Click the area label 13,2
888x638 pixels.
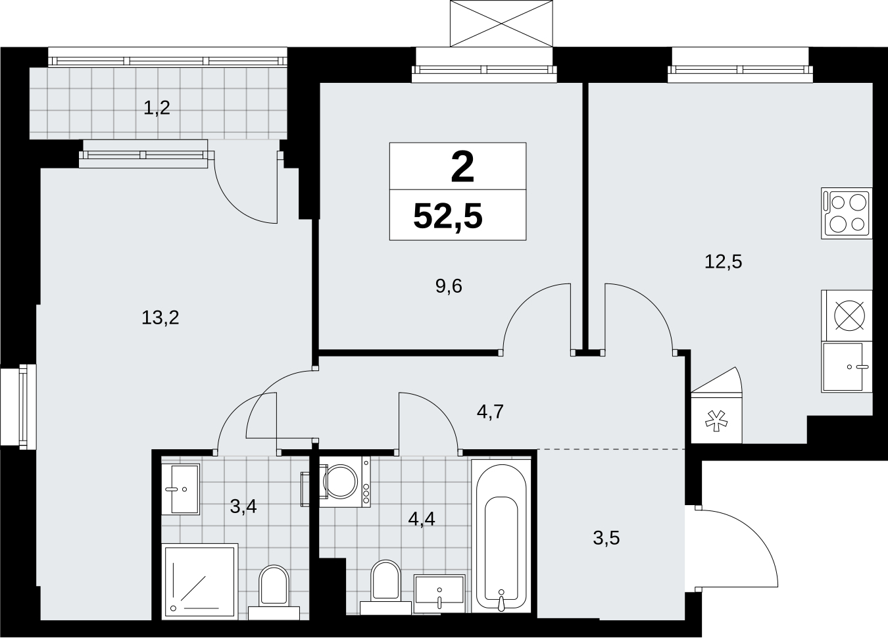[160, 318]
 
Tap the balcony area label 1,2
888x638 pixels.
[157, 108]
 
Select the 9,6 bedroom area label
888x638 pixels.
[449, 286]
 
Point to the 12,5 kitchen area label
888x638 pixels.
[723, 262]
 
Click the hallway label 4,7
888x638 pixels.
[491, 412]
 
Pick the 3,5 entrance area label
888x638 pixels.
[606, 538]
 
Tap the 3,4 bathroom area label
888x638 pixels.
[243, 506]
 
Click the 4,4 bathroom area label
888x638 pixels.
[422, 519]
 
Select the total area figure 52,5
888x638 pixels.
[448, 216]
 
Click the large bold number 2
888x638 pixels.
[462, 168]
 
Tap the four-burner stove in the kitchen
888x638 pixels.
[847, 213]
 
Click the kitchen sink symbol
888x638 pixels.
[847, 367]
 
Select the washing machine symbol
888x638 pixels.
[345, 481]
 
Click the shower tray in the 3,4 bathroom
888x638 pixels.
[199, 581]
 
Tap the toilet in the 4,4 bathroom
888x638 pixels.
[385, 587]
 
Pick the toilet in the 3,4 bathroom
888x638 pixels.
[274, 592]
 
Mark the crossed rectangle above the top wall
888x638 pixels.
[501, 24]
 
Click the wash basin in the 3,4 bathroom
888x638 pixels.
[180, 489]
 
